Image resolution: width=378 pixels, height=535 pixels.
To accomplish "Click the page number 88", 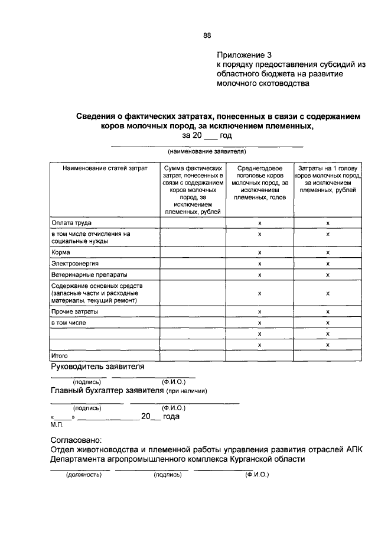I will (207, 35).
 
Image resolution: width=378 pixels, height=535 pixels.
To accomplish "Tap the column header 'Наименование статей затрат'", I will (103, 168).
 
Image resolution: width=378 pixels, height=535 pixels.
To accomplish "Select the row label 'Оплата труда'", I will (70, 223).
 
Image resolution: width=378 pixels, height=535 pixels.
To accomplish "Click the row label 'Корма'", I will (61, 252).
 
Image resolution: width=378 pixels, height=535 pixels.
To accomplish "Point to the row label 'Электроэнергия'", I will (74, 263).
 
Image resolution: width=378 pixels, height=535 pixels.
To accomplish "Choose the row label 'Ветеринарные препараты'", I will (89, 274).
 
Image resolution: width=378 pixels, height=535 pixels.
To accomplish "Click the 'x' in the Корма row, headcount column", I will (259, 252).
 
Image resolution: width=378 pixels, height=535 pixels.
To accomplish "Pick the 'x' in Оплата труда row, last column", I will (328, 223).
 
